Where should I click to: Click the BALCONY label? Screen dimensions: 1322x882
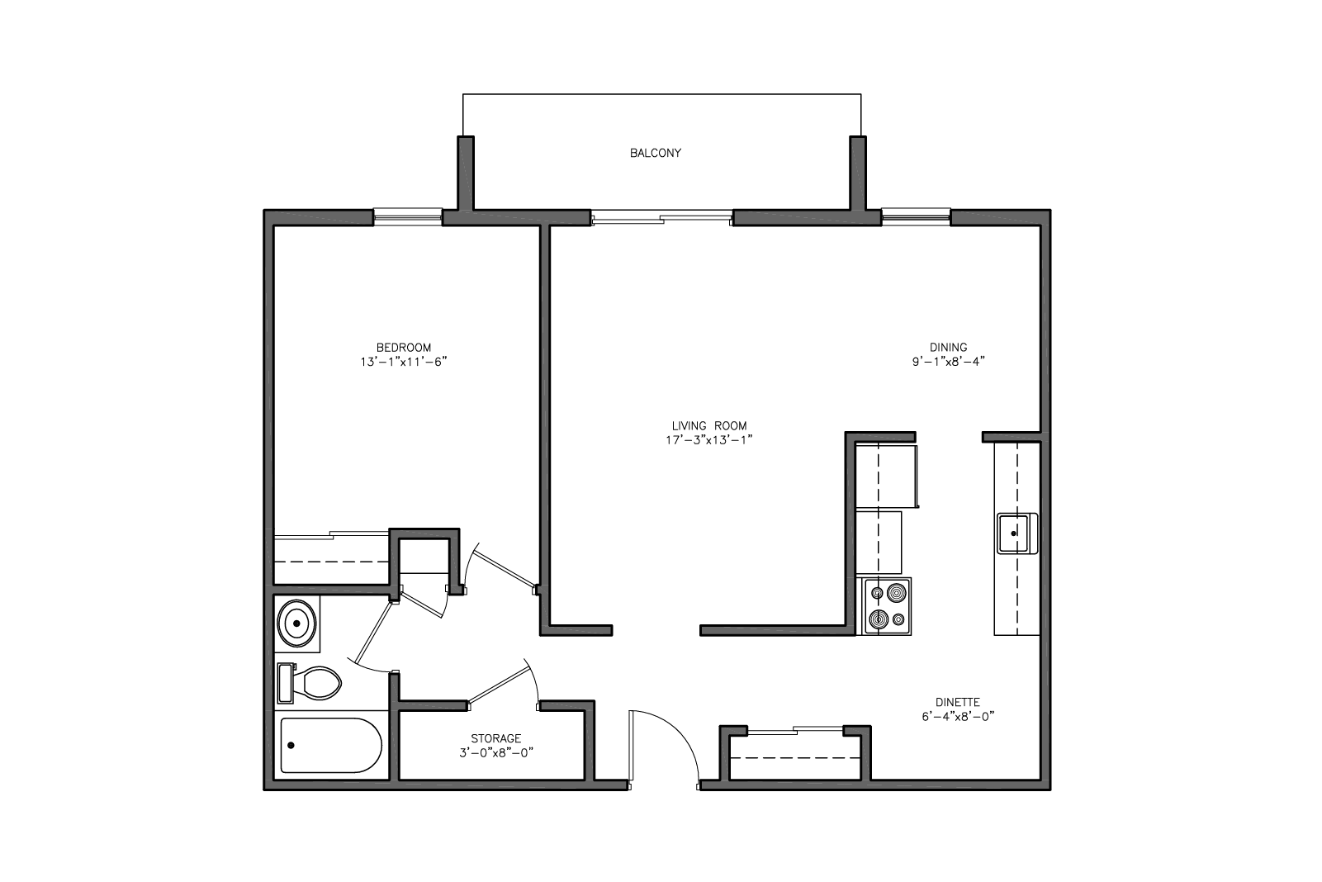pos(655,153)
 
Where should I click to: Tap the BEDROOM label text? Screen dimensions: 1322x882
pos(404,348)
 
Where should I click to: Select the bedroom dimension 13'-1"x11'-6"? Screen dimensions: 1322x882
pos(404,362)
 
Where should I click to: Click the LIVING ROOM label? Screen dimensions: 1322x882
pos(708,425)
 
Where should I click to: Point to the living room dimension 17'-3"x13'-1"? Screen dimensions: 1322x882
pos(708,440)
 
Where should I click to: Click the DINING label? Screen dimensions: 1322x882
pos(949,348)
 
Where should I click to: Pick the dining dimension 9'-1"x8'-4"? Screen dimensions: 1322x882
pos(949,362)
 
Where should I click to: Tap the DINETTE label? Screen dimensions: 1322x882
pos(957,703)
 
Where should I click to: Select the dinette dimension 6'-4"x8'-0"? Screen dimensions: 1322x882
pos(958,717)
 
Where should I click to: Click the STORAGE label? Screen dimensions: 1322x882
pos(495,738)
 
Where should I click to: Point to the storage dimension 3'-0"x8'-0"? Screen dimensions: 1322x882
pos(496,752)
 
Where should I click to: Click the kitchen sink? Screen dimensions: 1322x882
pos(1017,533)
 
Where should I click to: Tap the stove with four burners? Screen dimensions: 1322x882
pos(888,606)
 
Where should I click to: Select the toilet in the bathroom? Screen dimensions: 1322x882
pos(310,683)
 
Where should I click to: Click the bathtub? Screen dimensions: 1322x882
pos(331,746)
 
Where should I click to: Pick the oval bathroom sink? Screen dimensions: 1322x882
pos(297,624)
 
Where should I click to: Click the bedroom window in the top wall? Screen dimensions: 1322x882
pos(408,216)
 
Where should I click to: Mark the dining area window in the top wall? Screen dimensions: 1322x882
pos(916,216)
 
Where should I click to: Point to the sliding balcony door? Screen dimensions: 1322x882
pos(661,218)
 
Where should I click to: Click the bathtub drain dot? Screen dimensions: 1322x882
pos(291,746)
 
